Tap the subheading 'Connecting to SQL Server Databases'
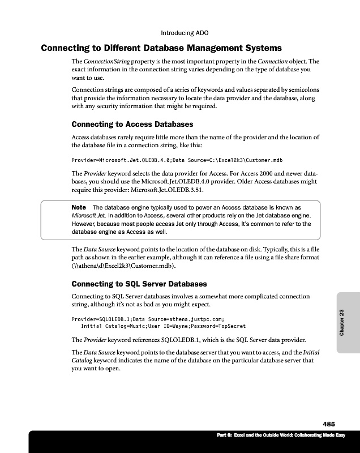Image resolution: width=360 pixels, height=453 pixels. click(x=139, y=284)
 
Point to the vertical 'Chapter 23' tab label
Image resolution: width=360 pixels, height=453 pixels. click(x=341, y=323)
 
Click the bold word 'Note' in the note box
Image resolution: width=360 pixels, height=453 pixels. click(x=79, y=207)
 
